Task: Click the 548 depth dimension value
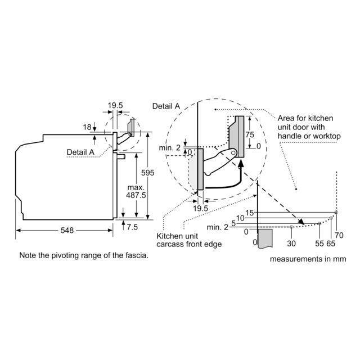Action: [x=67, y=230]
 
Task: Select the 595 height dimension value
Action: [x=147, y=173]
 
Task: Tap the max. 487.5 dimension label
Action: [x=136, y=191]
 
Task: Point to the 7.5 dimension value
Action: [x=132, y=227]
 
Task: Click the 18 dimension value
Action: [x=87, y=127]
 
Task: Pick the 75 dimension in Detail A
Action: [x=250, y=134]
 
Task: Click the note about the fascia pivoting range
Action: [x=84, y=255]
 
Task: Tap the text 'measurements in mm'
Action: [x=308, y=259]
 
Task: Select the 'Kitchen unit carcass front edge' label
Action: [x=189, y=240]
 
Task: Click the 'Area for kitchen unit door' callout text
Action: [x=309, y=127]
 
